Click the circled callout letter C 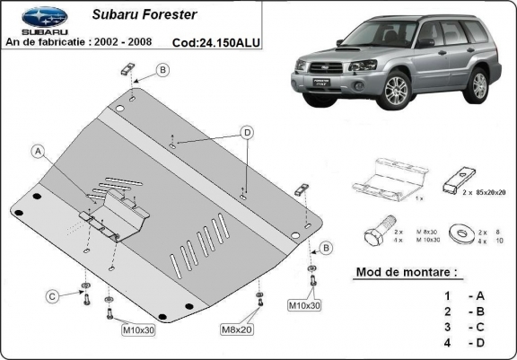(53, 295)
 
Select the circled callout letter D (245, 133)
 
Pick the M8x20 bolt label (237, 329)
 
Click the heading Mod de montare (399, 270)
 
